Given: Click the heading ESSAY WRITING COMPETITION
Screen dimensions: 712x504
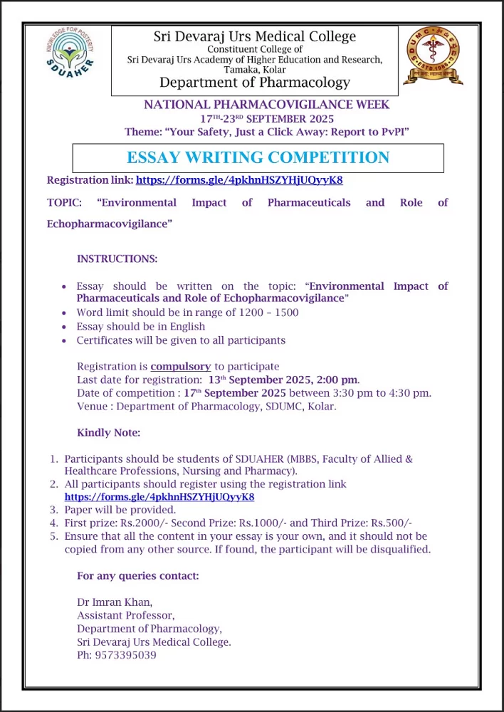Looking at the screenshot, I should pos(258,158).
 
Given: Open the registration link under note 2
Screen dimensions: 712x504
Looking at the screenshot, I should pos(159,497).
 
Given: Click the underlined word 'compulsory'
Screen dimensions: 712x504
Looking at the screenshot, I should pos(181,366).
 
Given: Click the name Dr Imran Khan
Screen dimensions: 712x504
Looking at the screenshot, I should pos(110,601).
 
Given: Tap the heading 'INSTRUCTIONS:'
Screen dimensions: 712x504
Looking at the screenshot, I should pos(117,258).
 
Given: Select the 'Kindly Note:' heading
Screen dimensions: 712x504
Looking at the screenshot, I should pos(109,433).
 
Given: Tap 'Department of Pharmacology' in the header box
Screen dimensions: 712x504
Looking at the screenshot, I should pos(254,83).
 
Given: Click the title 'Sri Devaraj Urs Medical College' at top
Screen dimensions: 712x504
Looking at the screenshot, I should pos(254,36).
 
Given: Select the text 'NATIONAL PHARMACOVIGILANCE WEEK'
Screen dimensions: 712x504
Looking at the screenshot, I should pos(267,105).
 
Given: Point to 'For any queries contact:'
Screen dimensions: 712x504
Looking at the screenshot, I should pos(138,575).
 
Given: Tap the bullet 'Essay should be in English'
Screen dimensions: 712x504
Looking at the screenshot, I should pos(141,326).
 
